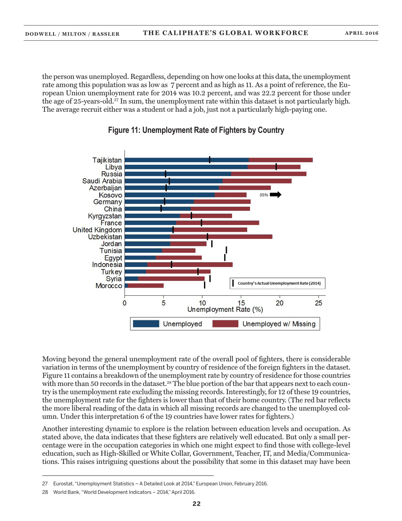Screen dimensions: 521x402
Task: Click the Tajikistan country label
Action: [x=107, y=160]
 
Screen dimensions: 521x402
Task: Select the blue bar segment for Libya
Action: [x=186, y=167]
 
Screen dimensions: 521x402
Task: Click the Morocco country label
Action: [x=109, y=285]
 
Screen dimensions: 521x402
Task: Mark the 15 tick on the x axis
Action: [x=241, y=303]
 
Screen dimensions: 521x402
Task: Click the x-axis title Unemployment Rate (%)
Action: [x=225, y=310]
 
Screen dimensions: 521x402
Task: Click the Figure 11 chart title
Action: [x=195, y=130]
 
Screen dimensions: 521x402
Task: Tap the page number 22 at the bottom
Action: [x=196, y=504]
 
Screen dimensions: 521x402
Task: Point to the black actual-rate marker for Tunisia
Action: [x=226, y=250]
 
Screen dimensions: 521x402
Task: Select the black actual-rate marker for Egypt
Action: [x=225, y=257]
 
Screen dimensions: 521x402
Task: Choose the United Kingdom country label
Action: [x=98, y=230]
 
